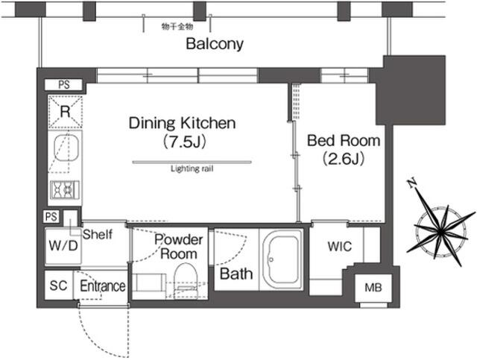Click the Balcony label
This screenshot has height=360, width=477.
(215, 44)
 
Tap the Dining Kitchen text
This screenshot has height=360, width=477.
(182, 123)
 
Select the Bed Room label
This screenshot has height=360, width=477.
(344, 141)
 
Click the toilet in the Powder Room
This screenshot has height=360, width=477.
(186, 281)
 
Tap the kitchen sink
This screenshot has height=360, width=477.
(66, 148)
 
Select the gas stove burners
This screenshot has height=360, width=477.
(65, 190)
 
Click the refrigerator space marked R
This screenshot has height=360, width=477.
(65, 112)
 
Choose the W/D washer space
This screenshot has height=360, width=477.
(63, 245)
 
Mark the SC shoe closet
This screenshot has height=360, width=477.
(58, 285)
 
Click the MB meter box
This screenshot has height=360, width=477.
(373, 288)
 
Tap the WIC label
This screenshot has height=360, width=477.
(340, 247)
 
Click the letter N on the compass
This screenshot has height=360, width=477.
(412, 183)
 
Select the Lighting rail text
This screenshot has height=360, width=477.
(192, 168)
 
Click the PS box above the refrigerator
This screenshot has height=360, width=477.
(63, 85)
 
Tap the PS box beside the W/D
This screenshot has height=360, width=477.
(51, 217)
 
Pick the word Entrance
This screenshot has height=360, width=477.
(103, 286)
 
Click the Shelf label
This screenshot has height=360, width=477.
(98, 234)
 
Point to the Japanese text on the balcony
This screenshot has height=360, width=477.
(177, 27)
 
